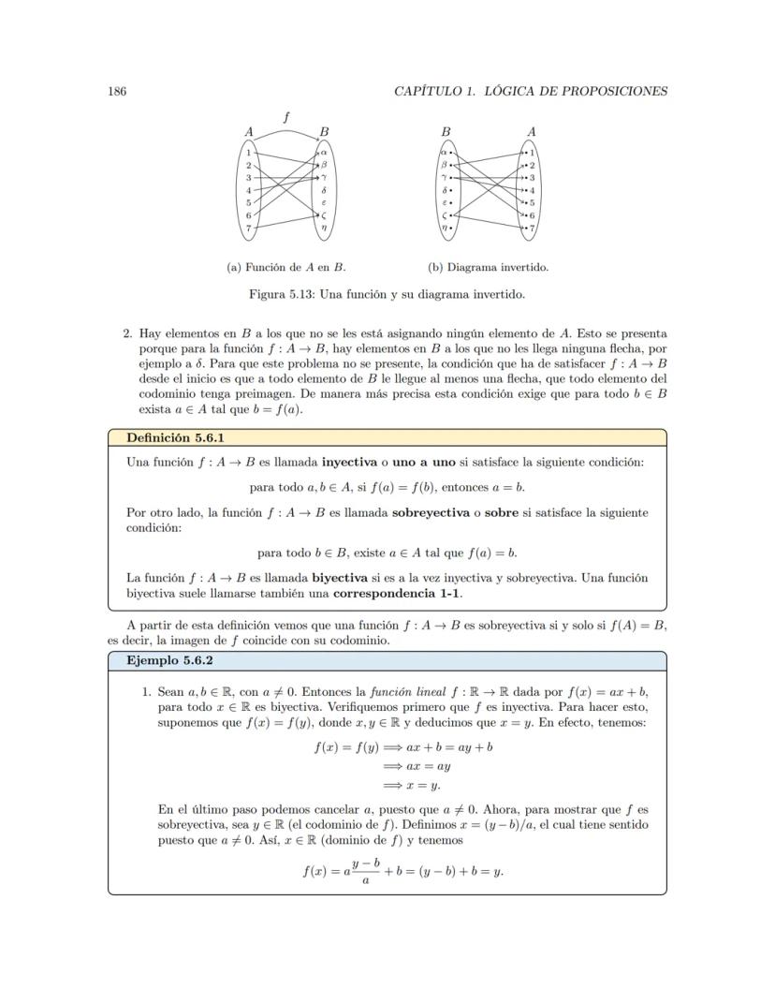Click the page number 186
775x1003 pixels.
117,91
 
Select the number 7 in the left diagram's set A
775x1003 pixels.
248,228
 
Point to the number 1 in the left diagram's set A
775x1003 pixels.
248,152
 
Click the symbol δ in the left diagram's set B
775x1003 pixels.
323,190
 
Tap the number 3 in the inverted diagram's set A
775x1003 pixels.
533,177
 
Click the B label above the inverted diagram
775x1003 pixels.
446,132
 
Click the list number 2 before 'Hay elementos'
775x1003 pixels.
127,332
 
